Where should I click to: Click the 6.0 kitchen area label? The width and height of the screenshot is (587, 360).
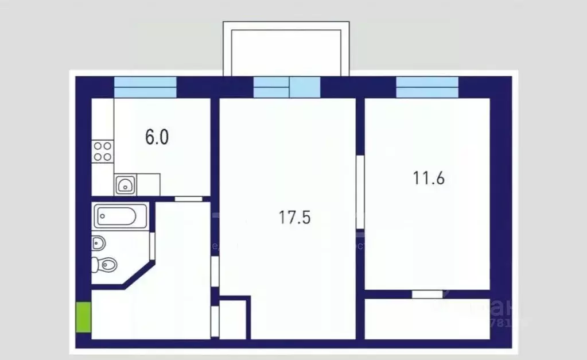tap(157, 138)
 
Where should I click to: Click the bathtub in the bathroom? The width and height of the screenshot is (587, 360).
tap(120, 216)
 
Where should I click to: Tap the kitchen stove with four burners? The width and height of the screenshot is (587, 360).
tap(103, 151)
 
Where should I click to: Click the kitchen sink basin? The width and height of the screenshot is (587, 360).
tap(126, 184)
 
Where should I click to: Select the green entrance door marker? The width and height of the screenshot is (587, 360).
tap(84, 317)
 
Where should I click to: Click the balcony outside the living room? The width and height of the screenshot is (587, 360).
tap(286, 49)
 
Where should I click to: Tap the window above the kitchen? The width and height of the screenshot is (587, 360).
tap(145, 87)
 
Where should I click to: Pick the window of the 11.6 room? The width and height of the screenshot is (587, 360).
tap(427, 87)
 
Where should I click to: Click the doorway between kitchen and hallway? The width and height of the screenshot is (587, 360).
tap(189, 199)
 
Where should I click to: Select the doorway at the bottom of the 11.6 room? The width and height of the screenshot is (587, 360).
tap(427, 295)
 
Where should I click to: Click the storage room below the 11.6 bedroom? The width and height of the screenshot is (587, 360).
tap(427, 319)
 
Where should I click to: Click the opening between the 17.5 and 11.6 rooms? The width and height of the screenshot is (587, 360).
tap(360, 189)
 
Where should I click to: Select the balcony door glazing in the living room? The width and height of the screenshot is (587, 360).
tap(304, 87)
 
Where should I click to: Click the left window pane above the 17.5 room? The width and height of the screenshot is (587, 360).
tap(271, 87)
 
